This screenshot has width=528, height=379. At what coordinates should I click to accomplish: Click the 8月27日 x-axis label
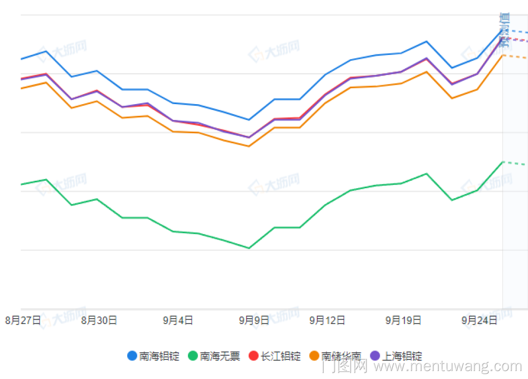pos(23,320)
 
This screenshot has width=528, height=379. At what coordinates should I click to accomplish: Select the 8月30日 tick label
pos(99,320)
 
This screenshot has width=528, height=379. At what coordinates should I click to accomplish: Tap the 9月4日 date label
pos(177,320)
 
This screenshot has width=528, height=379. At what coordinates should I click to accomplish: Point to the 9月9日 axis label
pos(253,320)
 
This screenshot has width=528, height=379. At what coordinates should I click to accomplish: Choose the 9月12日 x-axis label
pos(327,320)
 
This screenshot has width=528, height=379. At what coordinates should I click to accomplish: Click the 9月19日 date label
pos(403,320)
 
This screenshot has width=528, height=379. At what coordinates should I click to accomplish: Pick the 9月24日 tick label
pos(479,320)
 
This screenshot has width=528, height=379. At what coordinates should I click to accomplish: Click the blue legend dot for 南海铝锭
pos(132,356)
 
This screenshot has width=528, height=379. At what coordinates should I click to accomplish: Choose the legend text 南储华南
pos(341,356)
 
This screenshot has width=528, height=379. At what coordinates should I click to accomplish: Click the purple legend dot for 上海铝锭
pos(375,356)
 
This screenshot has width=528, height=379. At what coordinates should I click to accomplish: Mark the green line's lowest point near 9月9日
pos(249,248)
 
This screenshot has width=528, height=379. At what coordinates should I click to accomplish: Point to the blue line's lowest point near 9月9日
pos(249,120)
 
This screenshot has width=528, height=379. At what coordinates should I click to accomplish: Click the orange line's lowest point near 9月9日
pos(249,146)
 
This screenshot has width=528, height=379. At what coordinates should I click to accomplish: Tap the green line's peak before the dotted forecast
pos(503,162)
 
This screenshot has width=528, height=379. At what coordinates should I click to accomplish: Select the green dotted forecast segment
pos(514,163)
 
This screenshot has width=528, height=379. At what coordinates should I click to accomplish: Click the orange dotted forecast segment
pos(515,57)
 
